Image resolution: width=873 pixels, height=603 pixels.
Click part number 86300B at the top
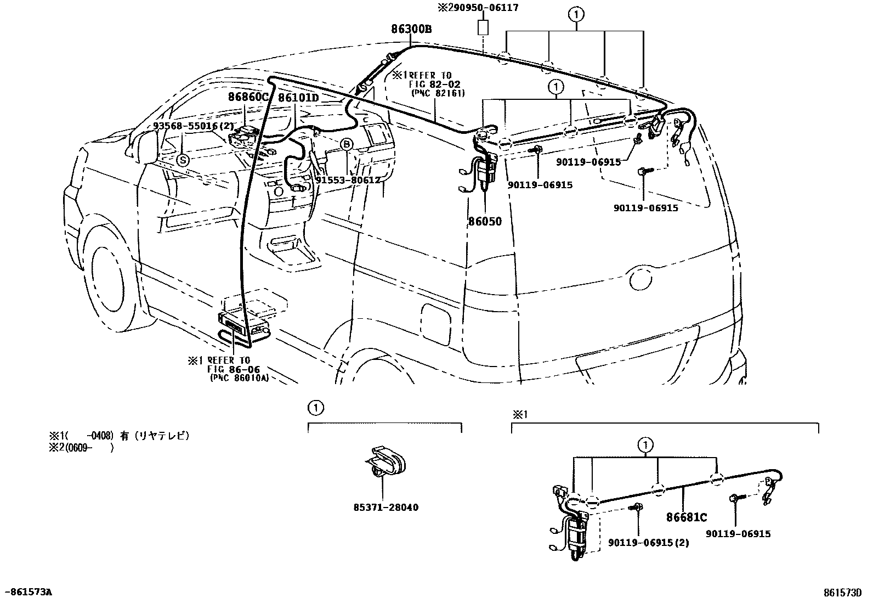click(411, 29)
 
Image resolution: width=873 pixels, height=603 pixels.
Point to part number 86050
click(484, 222)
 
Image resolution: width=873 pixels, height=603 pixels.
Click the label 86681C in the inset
click(687, 517)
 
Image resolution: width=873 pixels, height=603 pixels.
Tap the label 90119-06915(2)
click(648, 543)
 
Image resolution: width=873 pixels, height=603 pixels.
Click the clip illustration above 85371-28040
click(384, 461)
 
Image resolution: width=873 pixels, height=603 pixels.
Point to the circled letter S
click(182, 160)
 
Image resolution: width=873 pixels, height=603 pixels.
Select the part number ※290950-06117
click(477, 8)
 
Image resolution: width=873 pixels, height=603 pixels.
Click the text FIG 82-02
click(434, 84)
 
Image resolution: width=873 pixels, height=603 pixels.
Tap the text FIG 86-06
click(233, 369)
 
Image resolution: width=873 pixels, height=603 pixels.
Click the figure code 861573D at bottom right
click(842, 592)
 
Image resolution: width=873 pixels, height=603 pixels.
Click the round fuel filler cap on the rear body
click(639, 279)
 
